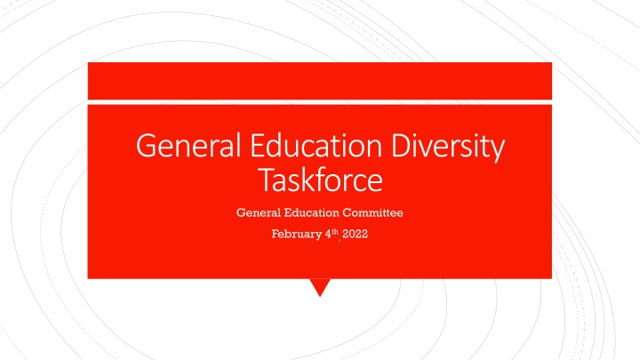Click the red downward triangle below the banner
pyautogui.click(x=320, y=287)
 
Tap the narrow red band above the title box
pyautogui.click(x=319, y=81)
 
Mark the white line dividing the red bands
pyautogui.click(x=319, y=101)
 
